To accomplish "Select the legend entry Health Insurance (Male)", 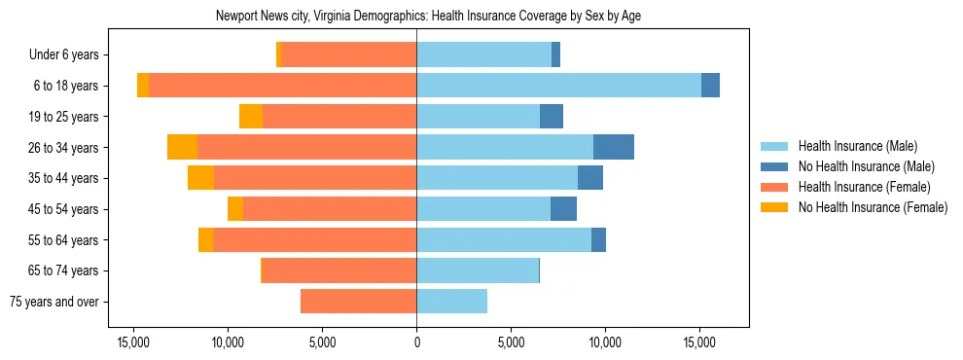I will [x=856, y=146].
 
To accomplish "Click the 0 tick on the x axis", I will [x=416, y=343].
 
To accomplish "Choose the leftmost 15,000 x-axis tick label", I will [x=133, y=343].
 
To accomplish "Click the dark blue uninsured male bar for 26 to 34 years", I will [x=614, y=147].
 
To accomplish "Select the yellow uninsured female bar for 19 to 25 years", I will [x=251, y=117].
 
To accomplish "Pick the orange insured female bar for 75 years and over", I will [x=358, y=302].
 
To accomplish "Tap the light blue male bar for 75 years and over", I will [x=451, y=302].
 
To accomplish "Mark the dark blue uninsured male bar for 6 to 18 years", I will [x=710, y=86].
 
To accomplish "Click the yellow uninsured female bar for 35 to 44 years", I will [x=200, y=178].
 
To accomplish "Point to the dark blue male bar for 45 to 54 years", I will [x=563, y=209].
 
